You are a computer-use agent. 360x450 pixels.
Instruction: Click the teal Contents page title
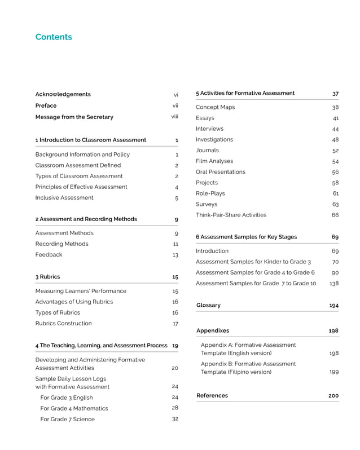click(54, 37)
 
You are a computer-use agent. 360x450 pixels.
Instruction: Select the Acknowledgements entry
click(63, 94)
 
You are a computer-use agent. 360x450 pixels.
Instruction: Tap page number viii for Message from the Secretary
click(175, 117)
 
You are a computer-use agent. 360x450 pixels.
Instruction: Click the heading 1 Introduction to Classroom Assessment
click(90, 140)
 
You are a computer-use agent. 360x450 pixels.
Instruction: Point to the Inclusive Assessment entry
click(64, 198)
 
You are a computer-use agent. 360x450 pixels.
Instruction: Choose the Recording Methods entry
click(62, 244)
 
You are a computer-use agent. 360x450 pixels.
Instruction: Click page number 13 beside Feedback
click(175, 255)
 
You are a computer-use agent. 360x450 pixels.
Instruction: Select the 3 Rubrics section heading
click(47, 277)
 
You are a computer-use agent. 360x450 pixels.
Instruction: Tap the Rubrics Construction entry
click(63, 323)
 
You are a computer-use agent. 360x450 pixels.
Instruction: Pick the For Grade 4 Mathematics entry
click(74, 408)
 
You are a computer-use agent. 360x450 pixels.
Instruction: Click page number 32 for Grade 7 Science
click(175, 419)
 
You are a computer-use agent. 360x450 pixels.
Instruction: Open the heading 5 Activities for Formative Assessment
click(245, 93)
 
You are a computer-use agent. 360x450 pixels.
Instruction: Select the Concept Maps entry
click(215, 107)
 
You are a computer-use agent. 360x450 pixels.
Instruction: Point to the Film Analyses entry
click(214, 161)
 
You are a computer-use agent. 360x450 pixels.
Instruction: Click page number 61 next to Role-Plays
click(335, 193)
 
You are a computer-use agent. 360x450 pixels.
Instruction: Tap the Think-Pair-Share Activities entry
click(231, 215)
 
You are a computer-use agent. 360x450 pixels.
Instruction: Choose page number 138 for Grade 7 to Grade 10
click(333, 283)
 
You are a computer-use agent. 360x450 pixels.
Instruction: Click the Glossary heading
click(208, 305)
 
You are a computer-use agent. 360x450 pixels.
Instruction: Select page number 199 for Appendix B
click(333, 372)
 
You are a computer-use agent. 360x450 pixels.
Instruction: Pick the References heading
click(212, 396)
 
